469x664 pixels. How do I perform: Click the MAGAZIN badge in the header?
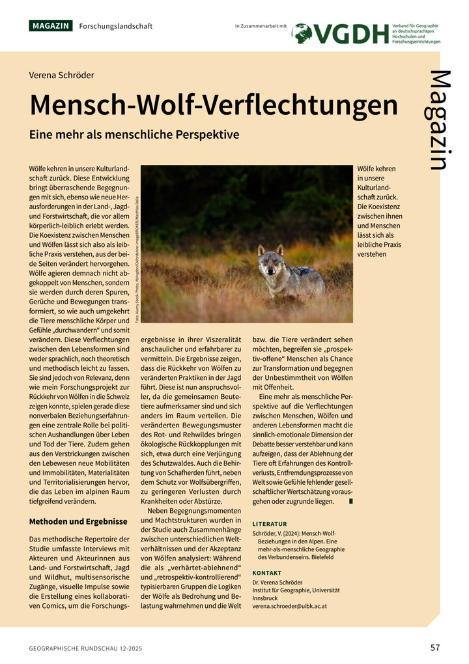click(x=50, y=26)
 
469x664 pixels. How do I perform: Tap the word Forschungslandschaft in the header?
click(x=115, y=26)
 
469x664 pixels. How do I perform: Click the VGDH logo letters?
click(x=352, y=34)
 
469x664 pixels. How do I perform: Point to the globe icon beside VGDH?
click(x=302, y=34)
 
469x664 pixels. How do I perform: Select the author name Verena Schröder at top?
click(x=61, y=75)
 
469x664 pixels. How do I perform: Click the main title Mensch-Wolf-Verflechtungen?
click(x=213, y=104)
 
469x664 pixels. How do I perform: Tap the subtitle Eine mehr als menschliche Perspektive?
click(x=134, y=135)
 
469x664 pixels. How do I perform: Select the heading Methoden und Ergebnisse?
click(x=78, y=521)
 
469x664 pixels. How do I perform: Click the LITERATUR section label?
click(x=270, y=524)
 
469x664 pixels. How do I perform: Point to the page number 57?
click(x=435, y=647)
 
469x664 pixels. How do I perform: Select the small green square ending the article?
click(x=351, y=501)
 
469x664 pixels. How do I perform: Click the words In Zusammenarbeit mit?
click(x=261, y=26)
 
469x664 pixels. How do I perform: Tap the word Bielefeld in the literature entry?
click(x=320, y=557)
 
